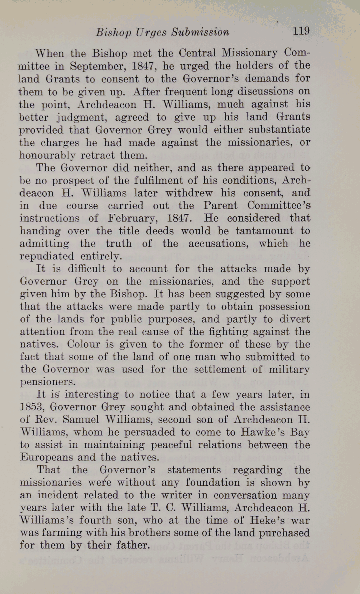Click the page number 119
click(x=301, y=31)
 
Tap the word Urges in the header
click(x=151, y=32)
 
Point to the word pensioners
click(x=48, y=382)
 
